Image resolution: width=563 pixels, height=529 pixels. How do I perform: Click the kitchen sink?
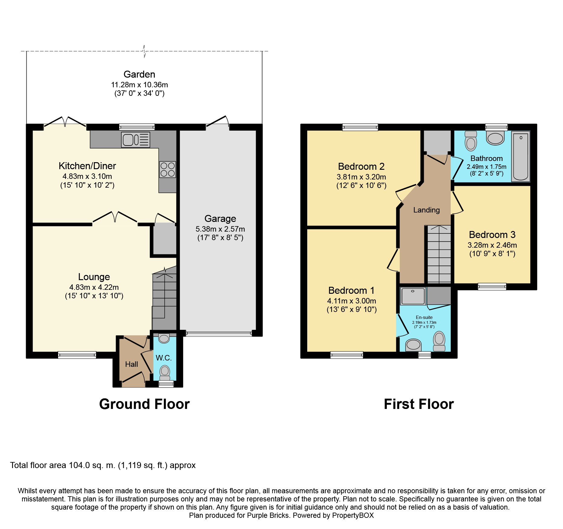(136, 140)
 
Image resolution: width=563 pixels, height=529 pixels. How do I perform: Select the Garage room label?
(220, 219)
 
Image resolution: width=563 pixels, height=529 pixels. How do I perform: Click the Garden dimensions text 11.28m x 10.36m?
(140, 85)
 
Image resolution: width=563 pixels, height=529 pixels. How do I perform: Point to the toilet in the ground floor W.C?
(165, 373)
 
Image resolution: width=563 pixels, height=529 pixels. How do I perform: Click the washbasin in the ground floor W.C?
(164, 338)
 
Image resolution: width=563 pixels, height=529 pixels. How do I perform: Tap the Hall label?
(132, 364)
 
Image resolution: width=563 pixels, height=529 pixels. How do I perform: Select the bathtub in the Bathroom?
(521, 156)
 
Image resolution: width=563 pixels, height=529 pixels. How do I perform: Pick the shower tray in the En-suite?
(413, 296)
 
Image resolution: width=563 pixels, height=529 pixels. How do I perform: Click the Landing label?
(426, 210)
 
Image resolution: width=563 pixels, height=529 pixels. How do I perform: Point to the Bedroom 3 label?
(492, 235)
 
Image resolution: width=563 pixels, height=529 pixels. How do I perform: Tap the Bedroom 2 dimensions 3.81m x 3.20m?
(361, 177)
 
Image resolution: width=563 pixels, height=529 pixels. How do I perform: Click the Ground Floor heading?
(144, 404)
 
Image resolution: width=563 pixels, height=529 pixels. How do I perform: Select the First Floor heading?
(419, 404)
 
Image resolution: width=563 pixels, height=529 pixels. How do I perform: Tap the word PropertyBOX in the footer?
(353, 515)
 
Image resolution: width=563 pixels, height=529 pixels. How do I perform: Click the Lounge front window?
(77, 355)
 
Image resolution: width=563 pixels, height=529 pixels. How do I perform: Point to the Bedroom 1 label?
(351, 290)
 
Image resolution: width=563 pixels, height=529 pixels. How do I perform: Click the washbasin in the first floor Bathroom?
(495, 138)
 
